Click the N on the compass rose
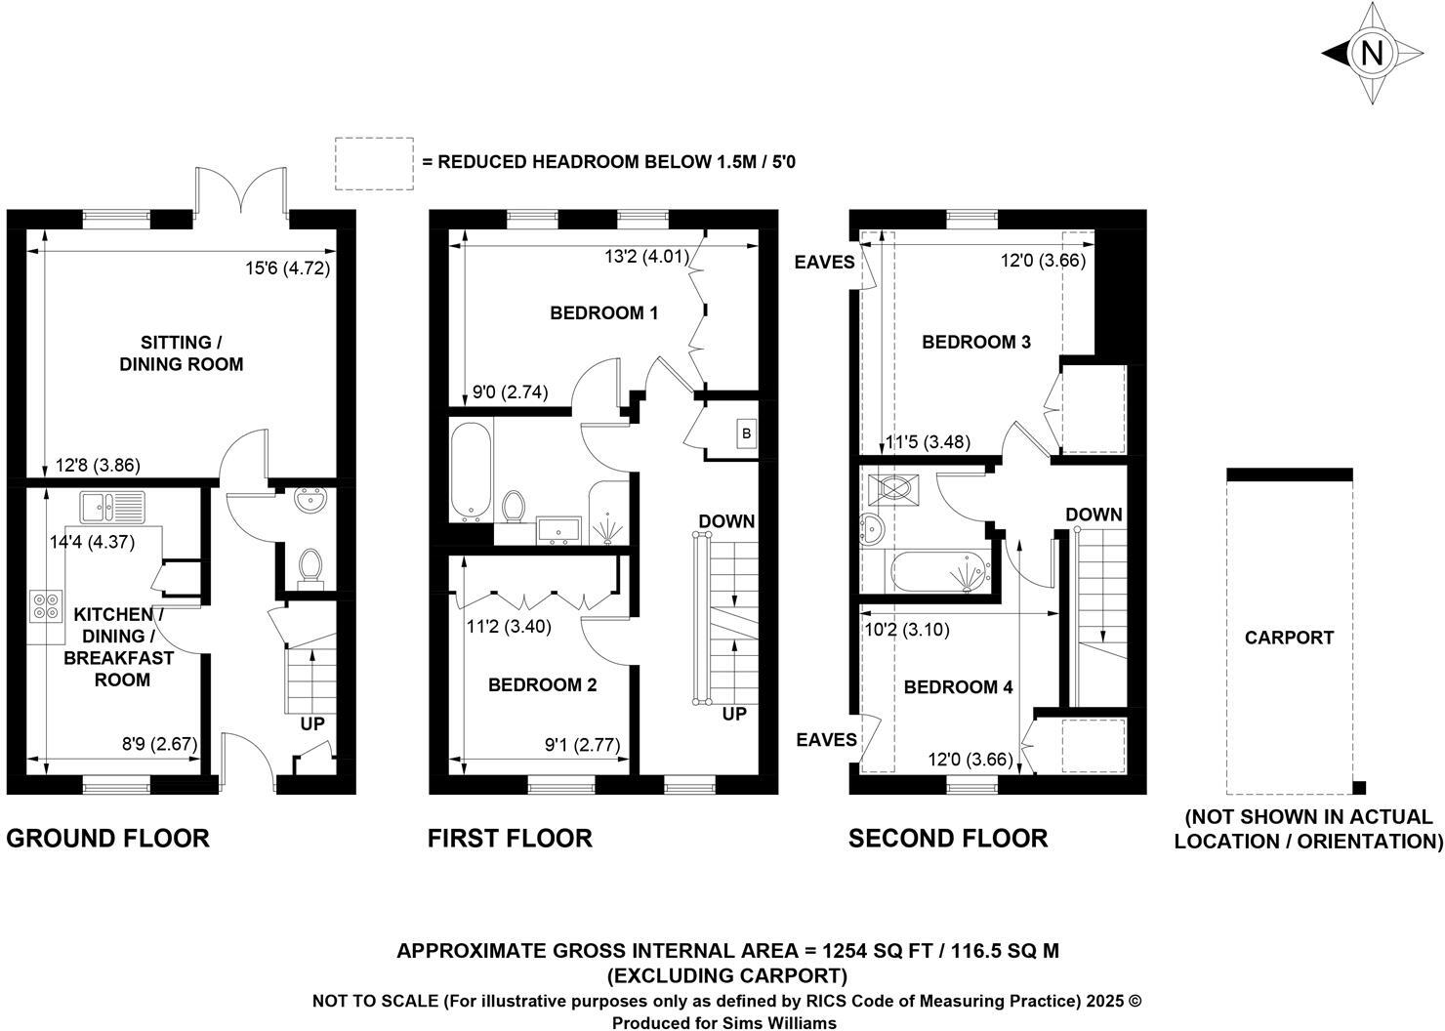(x=1372, y=54)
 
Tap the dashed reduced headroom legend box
(x=373, y=162)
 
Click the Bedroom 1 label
(x=603, y=313)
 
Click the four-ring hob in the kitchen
(x=44, y=606)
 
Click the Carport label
(x=1289, y=638)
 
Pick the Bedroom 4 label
(x=958, y=687)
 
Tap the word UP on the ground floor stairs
(x=312, y=724)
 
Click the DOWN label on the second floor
(x=1094, y=515)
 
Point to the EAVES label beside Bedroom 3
(x=824, y=262)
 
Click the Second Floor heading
(x=947, y=838)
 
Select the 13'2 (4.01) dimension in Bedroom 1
(x=646, y=258)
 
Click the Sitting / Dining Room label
(x=181, y=353)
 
